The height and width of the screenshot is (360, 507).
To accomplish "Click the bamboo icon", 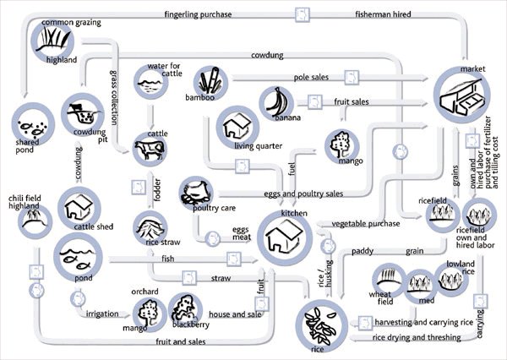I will [209, 83].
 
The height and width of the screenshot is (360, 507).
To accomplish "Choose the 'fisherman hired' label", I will [383, 14].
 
